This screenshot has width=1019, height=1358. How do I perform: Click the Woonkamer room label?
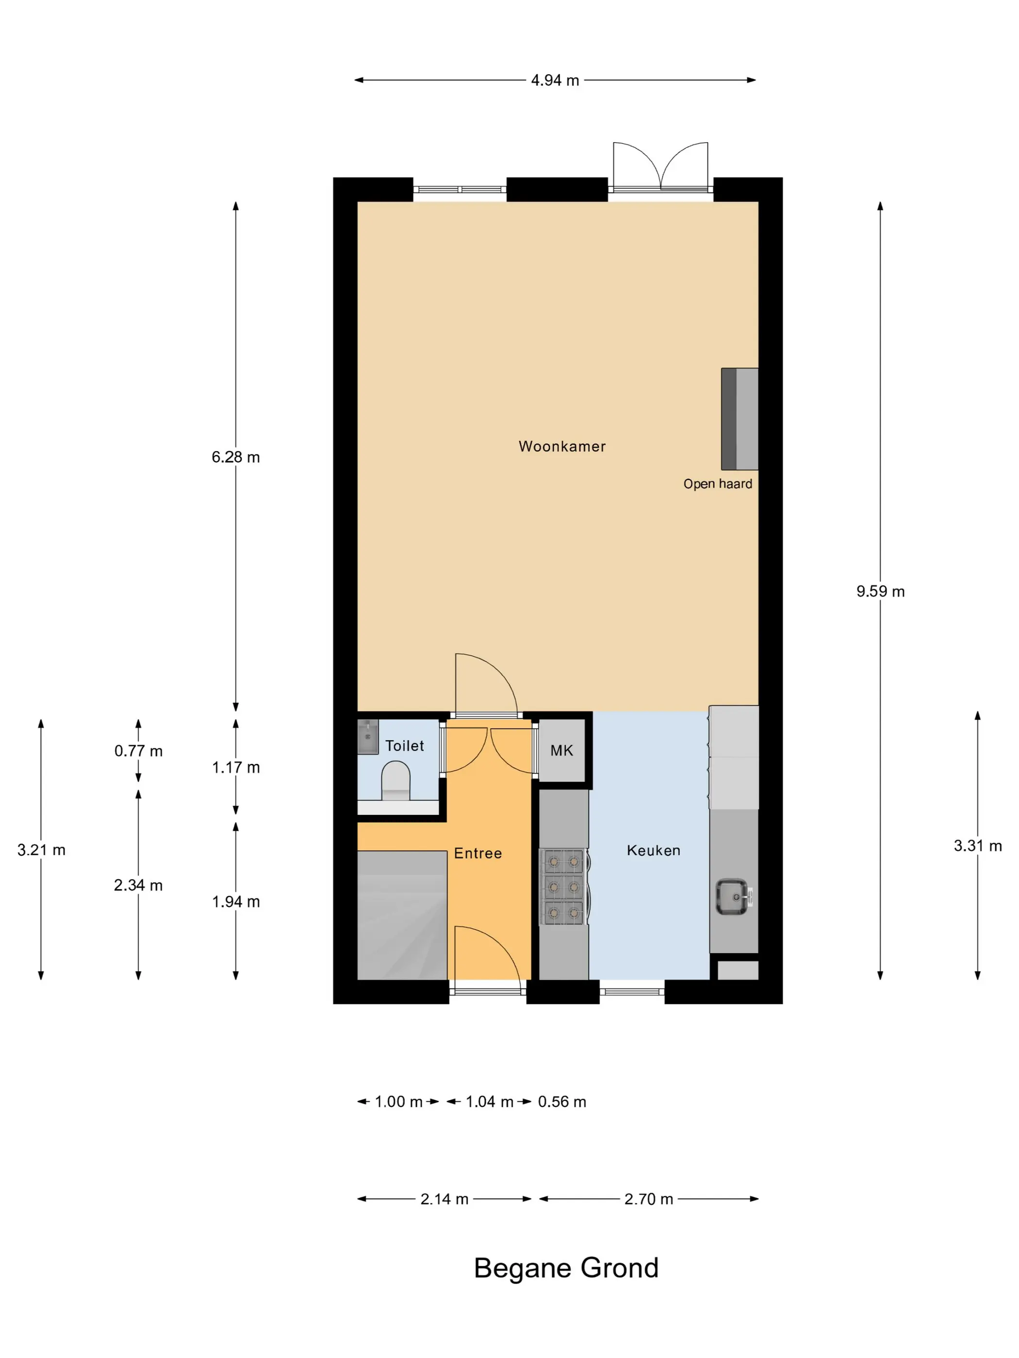click(562, 446)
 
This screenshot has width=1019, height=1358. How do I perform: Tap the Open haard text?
click(717, 484)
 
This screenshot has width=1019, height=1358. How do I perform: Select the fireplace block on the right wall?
click(740, 419)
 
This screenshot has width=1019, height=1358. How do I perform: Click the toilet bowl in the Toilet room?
click(395, 780)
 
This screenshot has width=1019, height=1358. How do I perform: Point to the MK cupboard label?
click(561, 750)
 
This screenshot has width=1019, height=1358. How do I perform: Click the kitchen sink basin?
click(733, 897)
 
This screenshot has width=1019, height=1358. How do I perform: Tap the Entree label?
click(478, 853)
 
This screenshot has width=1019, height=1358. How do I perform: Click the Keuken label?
click(654, 850)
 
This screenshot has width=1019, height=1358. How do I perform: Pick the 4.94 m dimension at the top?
click(555, 81)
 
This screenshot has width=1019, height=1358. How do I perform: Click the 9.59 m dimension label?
click(880, 591)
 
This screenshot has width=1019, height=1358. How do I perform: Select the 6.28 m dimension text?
click(236, 457)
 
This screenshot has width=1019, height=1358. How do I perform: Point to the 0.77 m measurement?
click(138, 751)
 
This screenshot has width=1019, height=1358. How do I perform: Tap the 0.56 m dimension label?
click(562, 1101)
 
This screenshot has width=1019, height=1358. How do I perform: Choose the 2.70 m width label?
click(649, 1199)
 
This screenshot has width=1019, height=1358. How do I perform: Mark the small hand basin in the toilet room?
click(368, 737)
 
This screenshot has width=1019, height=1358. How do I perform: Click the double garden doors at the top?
click(661, 166)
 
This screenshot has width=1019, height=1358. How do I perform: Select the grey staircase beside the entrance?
click(402, 915)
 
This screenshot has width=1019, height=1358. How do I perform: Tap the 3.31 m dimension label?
click(977, 845)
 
